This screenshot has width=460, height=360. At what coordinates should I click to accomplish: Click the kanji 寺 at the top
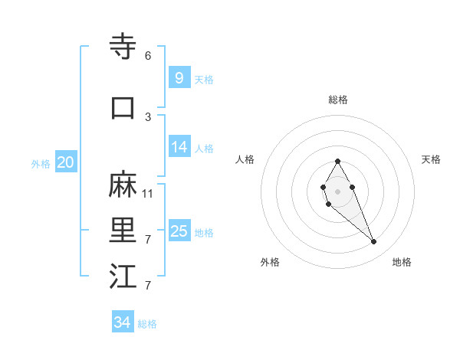coord(123,47)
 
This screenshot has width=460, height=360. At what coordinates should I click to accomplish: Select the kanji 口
coord(123,108)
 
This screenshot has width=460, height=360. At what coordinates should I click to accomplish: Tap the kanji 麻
coord(123,185)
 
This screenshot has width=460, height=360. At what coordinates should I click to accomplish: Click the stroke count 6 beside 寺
coord(148,55)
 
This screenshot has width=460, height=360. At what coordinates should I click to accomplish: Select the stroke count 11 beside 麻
coord(148,193)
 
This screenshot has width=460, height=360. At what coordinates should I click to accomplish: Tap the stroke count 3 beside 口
coord(148,116)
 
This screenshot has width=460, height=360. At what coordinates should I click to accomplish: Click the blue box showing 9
coord(179,77)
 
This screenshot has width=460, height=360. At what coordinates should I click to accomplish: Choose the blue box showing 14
coord(179,147)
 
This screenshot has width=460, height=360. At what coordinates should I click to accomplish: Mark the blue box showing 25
coord(179,231)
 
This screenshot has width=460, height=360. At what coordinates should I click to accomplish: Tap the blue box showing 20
coord(65,162)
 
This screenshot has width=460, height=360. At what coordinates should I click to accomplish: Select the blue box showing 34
coord(122,322)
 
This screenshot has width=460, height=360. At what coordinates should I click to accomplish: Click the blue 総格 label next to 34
coord(147,324)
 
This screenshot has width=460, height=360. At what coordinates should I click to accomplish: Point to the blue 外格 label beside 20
coord(41,163)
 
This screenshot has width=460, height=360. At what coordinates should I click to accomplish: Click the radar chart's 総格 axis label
coord(338,100)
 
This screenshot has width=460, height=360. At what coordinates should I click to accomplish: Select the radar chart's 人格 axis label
coord(245,159)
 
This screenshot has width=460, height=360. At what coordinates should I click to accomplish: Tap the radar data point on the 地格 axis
coord(374,242)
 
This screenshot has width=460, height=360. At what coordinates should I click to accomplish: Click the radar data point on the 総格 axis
coord(337,161)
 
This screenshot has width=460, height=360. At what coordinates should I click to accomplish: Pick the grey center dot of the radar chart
coord(337,191)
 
